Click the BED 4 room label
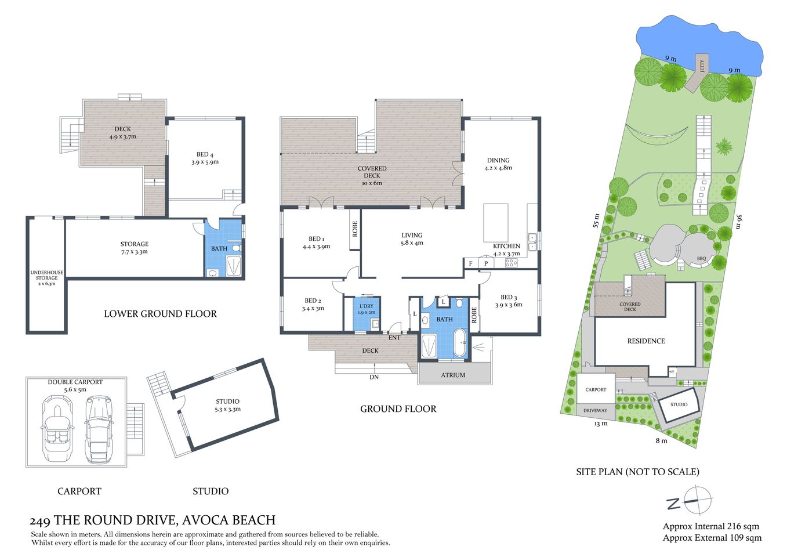coord(205,158)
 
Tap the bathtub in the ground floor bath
coord(459,343)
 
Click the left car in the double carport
coord(57,430)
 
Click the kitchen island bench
coord(496,222)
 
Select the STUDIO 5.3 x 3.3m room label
coord(227,405)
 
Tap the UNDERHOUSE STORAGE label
coord(47,278)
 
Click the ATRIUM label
coord(453,375)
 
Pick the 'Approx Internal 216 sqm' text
coord(710,527)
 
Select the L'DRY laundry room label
coord(367,309)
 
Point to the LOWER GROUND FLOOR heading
coord(160,314)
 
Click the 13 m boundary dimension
coord(601,424)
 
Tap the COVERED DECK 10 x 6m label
coord(372,176)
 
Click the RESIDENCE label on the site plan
coord(646,341)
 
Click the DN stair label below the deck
coord(374,377)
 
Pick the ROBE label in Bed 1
coord(355,228)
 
